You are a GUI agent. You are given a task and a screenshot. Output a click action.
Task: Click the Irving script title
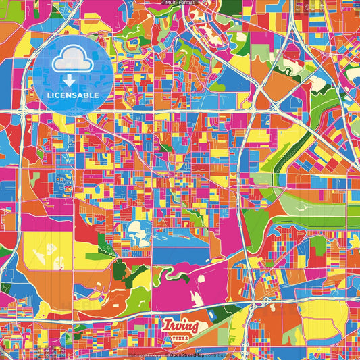[x=180, y=326]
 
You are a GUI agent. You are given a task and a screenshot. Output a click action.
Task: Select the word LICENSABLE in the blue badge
[x=73, y=95]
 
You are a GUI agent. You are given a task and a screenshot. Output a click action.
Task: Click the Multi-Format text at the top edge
[x=180, y=3]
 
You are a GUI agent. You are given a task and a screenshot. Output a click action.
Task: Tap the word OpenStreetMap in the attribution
[x=187, y=354]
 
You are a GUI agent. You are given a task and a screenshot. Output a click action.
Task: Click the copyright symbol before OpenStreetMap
[x=166, y=354]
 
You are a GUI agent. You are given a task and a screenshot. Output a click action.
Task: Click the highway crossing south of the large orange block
[x=275, y=107]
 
